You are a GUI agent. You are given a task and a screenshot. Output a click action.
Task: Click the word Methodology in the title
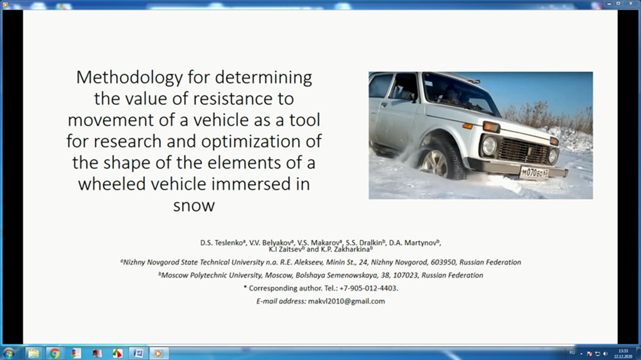click(x=129, y=78)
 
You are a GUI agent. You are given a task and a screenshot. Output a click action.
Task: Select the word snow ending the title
click(x=194, y=206)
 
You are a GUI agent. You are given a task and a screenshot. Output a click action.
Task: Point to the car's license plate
click(x=535, y=173)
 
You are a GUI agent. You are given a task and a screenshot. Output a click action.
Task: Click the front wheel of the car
click(x=440, y=159)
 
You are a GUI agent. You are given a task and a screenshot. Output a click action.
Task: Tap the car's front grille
click(x=524, y=151)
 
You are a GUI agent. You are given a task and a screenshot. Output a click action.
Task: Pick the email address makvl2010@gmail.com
click(x=346, y=301)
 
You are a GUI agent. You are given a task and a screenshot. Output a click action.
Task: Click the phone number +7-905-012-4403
click(x=368, y=288)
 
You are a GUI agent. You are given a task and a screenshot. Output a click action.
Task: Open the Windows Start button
click(x=9, y=353)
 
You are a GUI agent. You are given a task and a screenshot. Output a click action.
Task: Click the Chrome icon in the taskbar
click(x=54, y=353)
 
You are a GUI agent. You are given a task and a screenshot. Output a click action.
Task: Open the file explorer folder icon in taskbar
click(x=33, y=353)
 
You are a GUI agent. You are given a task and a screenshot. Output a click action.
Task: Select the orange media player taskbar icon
click(x=158, y=353)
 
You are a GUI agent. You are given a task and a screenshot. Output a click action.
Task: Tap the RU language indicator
click(x=572, y=353)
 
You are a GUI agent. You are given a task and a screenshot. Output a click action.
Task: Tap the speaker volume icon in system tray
click(x=606, y=354)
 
